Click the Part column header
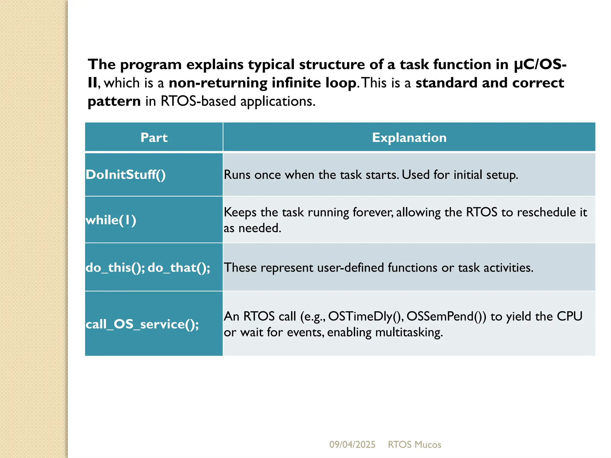click(154, 137)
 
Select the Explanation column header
click(409, 137)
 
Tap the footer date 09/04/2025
click(352, 445)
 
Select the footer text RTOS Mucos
click(414, 445)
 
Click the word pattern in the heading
click(114, 101)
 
